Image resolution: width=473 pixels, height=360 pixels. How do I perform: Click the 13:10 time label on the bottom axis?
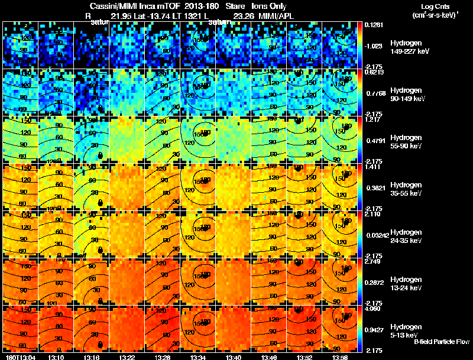click(x=57, y=357)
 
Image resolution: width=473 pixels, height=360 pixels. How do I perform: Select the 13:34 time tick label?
click(x=198, y=357)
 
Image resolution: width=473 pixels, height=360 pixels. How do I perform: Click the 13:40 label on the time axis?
click(x=234, y=357)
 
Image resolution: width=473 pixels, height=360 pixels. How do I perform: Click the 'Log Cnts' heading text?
click(x=436, y=7)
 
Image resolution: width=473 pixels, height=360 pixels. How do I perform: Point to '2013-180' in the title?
click(x=198, y=7)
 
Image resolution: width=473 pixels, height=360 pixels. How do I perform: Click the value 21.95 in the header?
click(x=122, y=15)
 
